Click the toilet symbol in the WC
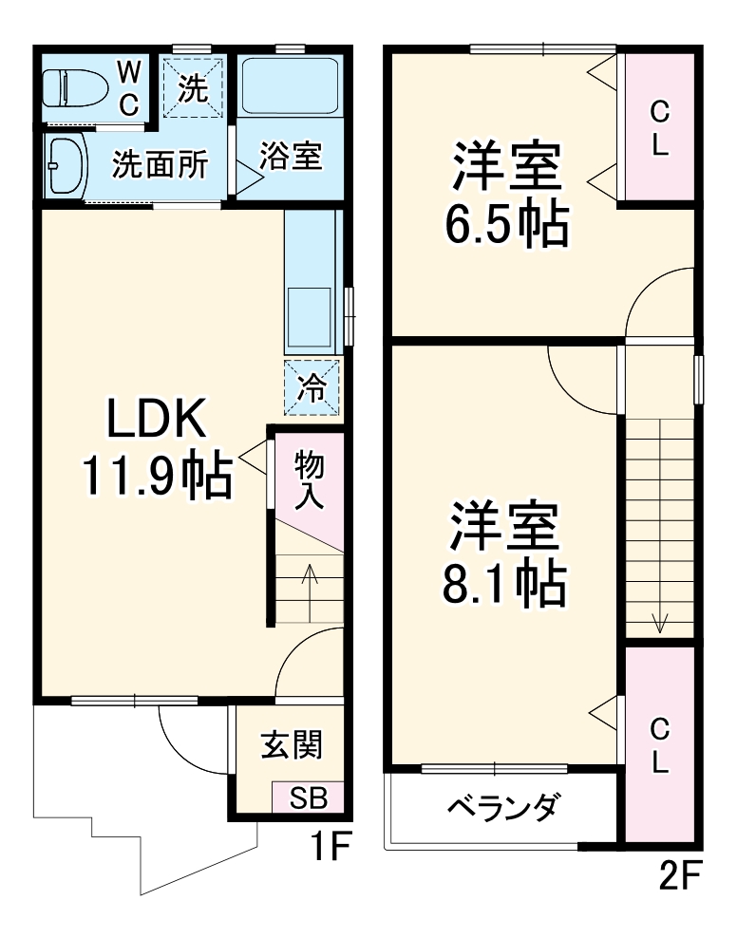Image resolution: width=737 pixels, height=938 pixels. point(75,88)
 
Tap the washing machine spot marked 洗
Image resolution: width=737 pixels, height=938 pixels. point(193,87)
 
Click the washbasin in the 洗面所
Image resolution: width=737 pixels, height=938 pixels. point(66,166)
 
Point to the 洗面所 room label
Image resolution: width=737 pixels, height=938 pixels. point(161,164)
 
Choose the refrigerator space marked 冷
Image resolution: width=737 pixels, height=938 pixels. point(312,387)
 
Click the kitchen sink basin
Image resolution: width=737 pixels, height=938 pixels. point(310,316)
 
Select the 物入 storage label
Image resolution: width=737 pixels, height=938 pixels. point(309,481)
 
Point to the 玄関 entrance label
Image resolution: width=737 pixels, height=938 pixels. point(292,744)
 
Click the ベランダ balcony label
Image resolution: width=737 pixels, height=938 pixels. point(503,807)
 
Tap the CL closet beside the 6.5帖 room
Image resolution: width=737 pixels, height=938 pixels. point(660,127)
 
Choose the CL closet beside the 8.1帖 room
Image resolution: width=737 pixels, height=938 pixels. point(660,745)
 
